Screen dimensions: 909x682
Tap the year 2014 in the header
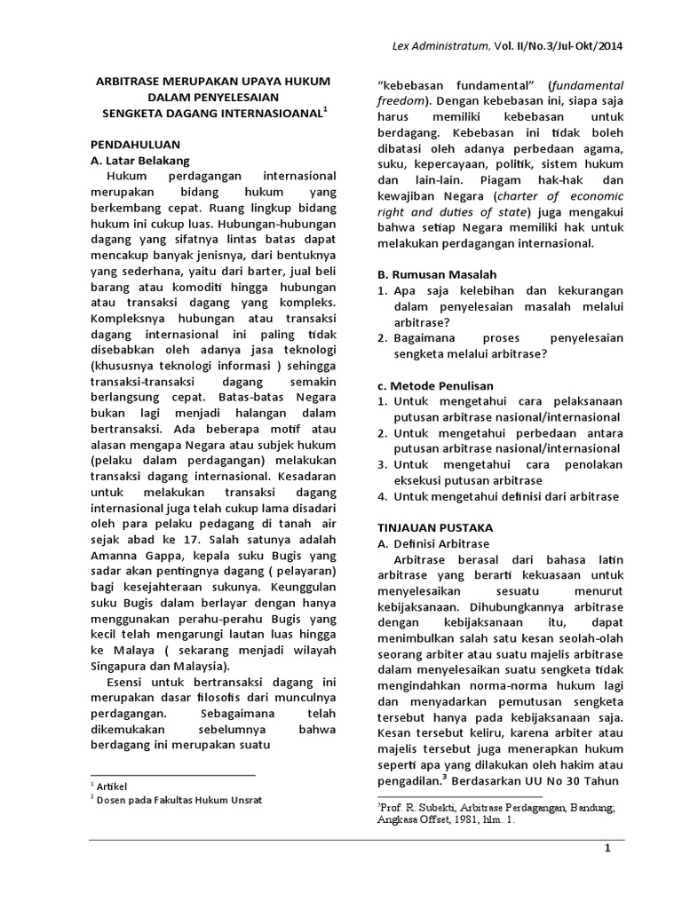609,48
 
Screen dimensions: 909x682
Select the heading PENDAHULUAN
137,143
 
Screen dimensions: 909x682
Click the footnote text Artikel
116,787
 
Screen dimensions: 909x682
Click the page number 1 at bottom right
608,850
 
